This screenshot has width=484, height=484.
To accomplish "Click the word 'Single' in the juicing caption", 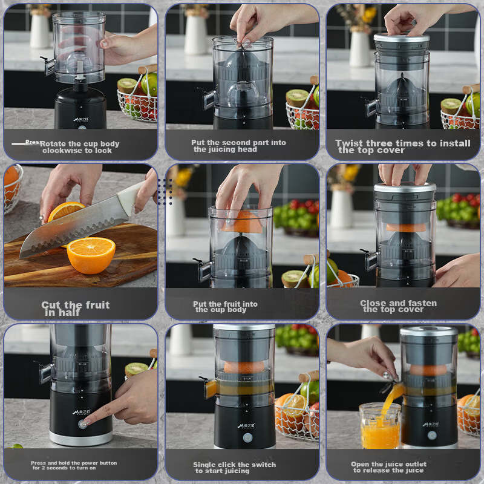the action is coord(204,465).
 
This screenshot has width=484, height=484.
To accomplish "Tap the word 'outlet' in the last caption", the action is coord(415,464).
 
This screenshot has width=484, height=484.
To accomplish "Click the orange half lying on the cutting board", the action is coord(91,255).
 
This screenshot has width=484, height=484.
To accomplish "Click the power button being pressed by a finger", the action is coord(82,424).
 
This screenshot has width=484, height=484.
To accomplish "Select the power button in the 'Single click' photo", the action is coord(247,437).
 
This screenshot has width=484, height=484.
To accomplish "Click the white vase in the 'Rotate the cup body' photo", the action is coord(40,31).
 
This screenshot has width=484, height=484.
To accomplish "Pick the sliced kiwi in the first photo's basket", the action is coord(127,85).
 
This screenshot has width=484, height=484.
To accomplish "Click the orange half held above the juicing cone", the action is coord(243,222).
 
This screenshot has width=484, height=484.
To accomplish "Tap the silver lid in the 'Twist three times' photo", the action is coord(402,38).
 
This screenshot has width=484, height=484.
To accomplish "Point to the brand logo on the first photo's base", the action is coord(81,119).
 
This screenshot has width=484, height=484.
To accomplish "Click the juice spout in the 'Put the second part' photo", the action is coord(208,99).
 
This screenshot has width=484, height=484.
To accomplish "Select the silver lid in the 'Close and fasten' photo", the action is coord(405,187).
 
